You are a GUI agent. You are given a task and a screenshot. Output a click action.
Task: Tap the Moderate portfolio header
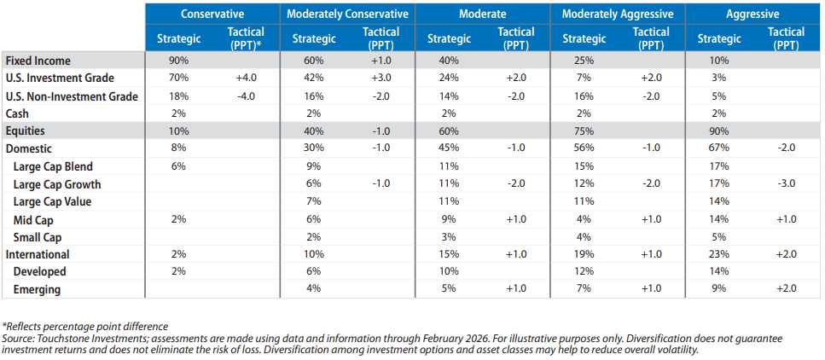coord(481,14)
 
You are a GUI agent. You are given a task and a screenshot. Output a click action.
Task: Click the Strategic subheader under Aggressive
coord(718,38)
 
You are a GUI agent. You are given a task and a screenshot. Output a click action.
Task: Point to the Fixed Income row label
coord(38,61)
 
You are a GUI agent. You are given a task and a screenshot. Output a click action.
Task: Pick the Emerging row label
coord(37,289)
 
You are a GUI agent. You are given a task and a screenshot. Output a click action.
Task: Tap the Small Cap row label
coord(38,237)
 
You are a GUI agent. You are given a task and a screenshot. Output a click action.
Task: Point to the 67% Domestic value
coord(718,149)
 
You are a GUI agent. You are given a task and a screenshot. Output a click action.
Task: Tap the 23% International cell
coord(718,254)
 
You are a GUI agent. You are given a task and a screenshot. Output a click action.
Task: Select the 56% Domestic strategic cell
coord(584,149)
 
